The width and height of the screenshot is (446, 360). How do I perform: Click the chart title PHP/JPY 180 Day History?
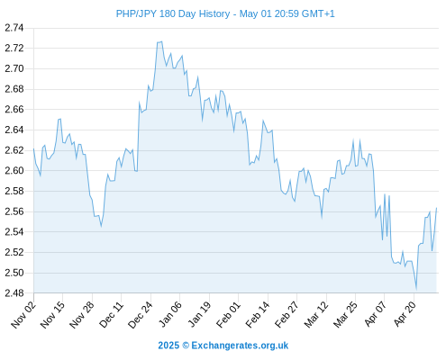point(173,13)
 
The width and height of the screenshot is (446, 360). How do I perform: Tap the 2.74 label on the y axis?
point(14,28)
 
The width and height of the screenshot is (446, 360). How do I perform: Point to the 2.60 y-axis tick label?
point(14,170)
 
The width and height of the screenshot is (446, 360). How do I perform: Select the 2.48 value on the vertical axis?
point(14,292)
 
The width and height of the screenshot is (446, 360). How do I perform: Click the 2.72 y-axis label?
point(14,48)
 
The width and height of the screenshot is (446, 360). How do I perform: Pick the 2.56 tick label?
point(14,211)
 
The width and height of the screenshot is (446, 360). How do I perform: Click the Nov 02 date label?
point(23,315)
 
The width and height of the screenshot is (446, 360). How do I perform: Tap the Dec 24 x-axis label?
point(141,315)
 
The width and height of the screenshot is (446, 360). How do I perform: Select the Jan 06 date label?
point(169,315)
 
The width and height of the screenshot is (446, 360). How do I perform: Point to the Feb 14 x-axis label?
point(258,315)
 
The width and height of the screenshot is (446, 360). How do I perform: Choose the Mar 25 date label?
point(345,315)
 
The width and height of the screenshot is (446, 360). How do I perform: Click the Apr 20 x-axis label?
point(405,315)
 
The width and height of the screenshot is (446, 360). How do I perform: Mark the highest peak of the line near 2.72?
point(162,41)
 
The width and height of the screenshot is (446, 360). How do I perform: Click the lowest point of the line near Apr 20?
point(416,289)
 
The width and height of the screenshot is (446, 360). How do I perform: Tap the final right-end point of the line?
point(436,208)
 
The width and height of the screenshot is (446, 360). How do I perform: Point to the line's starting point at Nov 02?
point(33,148)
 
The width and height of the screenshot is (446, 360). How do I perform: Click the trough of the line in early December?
point(101,226)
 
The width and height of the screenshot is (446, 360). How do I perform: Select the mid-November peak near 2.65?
point(60,119)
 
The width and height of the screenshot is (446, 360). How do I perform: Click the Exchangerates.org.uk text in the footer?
point(240,346)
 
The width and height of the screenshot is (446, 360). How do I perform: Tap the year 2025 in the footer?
point(168,346)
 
